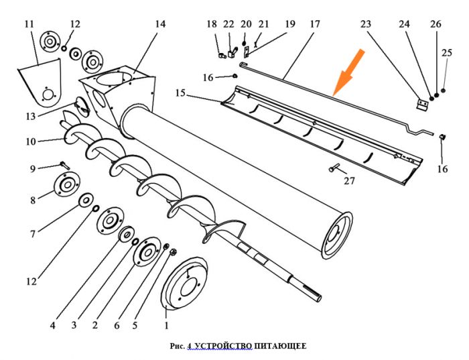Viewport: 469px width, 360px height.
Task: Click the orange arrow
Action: click(349, 72)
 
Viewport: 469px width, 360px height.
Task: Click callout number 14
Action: click(160, 24)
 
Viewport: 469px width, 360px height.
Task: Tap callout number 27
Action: click(349, 181)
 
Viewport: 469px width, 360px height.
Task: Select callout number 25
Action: click(447, 53)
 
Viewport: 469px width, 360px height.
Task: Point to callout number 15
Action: click(180, 93)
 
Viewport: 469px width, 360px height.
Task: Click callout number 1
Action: click(166, 325)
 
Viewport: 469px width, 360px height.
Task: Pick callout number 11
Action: click(29, 24)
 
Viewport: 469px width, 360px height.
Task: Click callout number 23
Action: click(366, 24)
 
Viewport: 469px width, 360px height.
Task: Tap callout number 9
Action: click(33, 169)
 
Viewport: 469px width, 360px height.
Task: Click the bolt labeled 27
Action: click(334, 168)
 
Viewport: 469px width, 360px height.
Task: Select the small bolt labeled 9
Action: click(64, 165)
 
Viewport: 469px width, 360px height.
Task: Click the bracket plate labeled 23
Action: click(422, 105)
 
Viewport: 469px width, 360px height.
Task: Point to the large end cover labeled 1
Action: click(184, 282)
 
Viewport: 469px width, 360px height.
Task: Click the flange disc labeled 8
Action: click(67, 184)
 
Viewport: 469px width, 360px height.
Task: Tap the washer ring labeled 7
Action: click(86, 200)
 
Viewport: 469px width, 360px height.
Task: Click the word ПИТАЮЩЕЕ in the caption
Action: click(280, 346)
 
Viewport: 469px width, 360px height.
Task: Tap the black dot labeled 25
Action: click(444, 91)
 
